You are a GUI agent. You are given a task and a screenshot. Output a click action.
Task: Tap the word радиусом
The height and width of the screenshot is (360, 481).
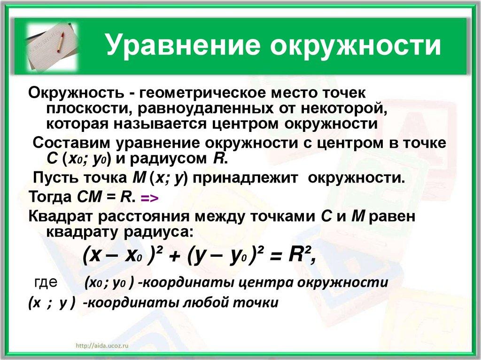point(169,159)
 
